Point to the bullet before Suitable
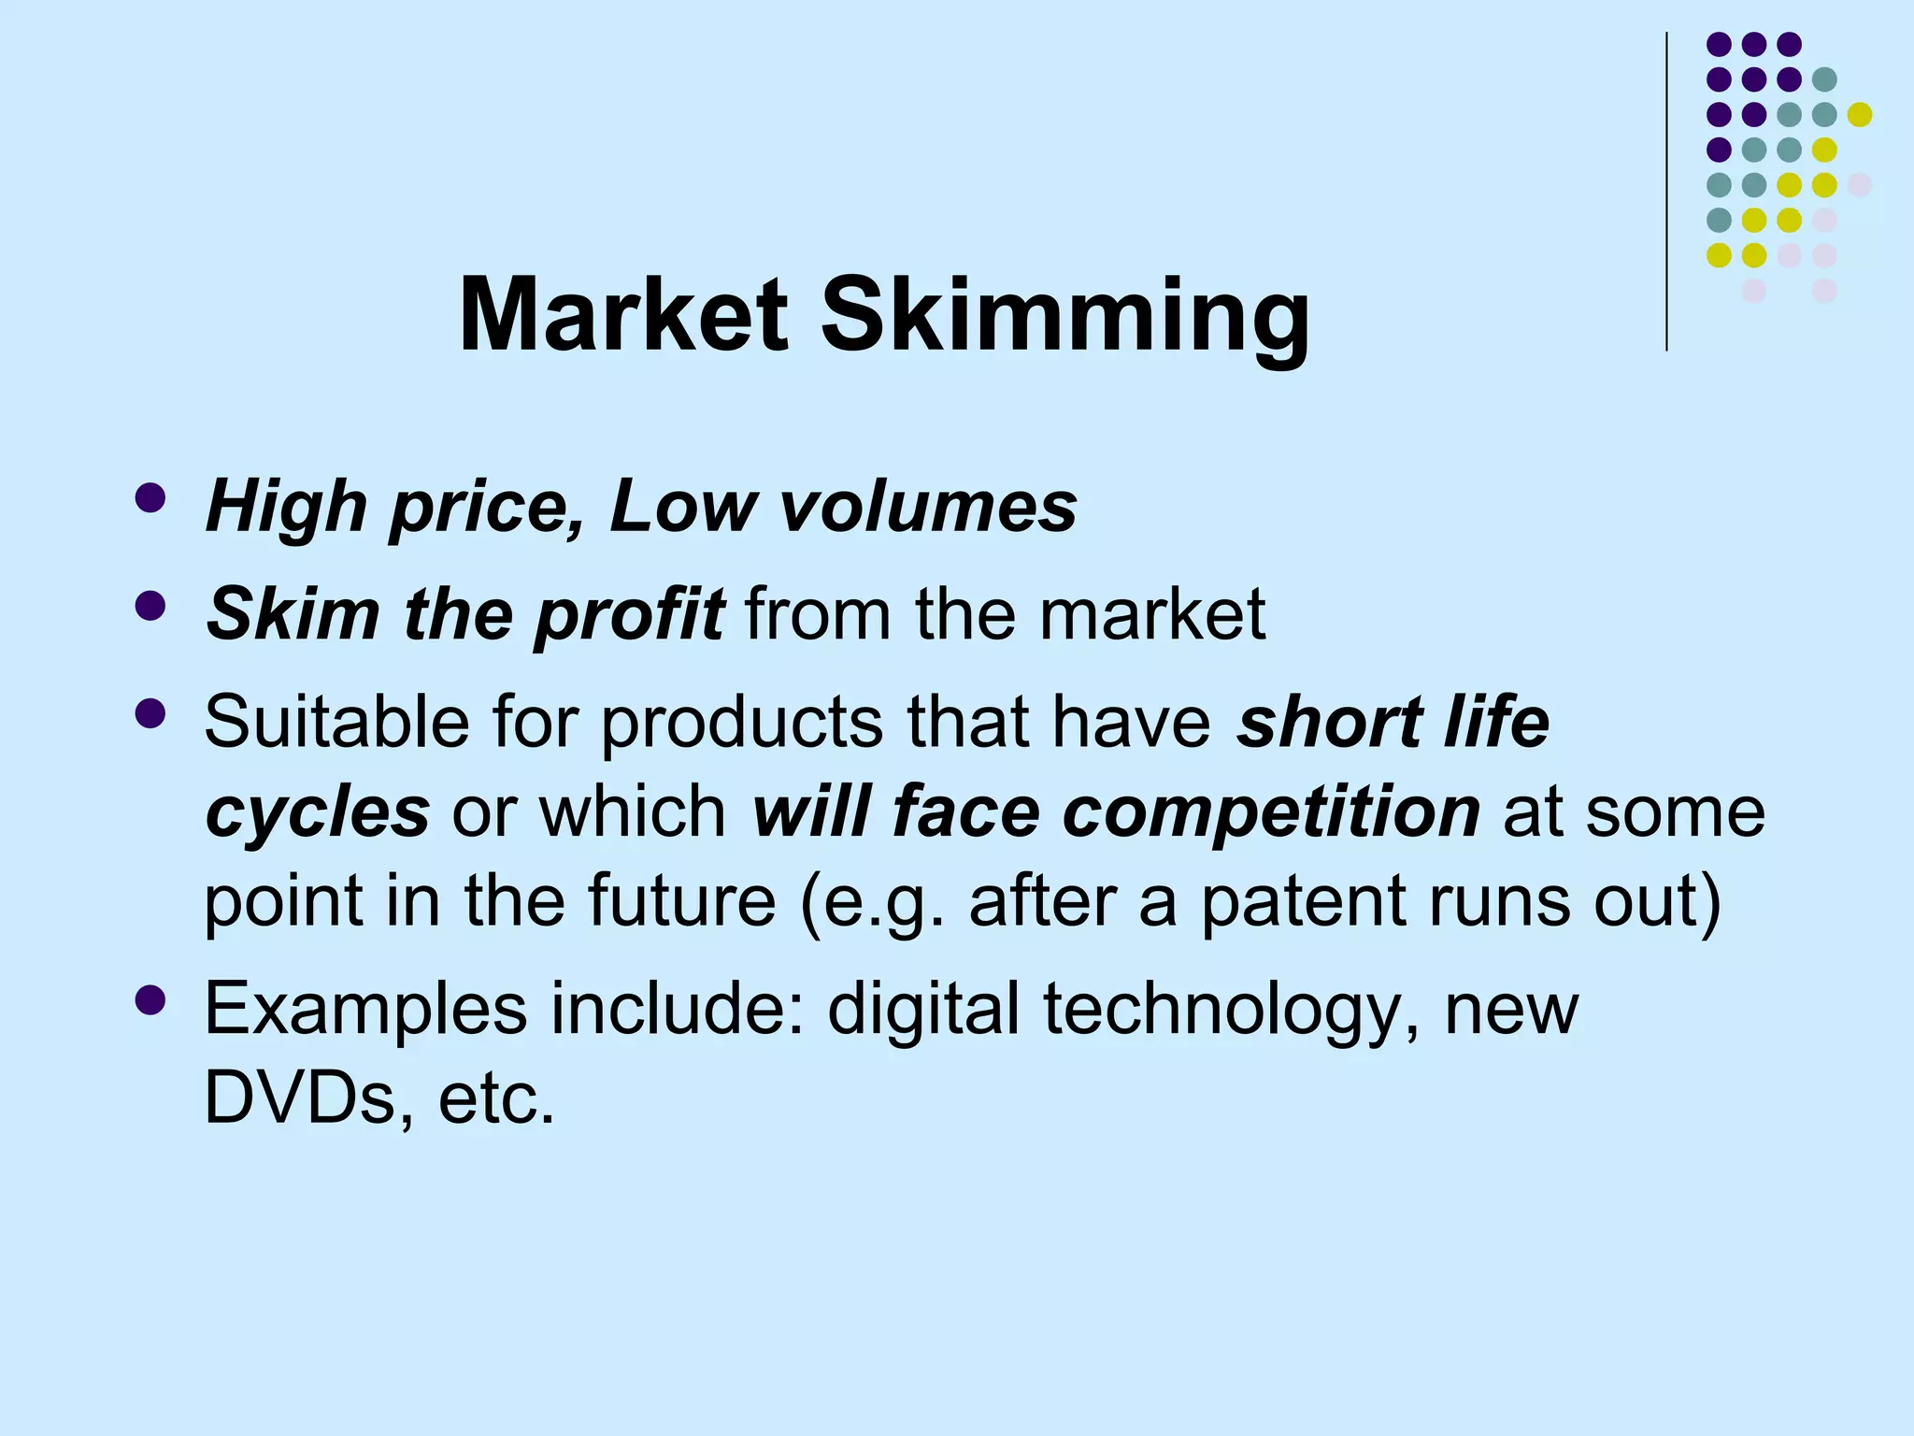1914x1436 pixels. (150, 714)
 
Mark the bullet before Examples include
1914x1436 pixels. (150, 1000)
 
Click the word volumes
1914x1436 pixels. (927, 507)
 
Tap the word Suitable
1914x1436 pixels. (336, 722)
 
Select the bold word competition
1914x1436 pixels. (1271, 811)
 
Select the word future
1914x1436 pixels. (681, 900)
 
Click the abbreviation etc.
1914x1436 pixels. (496, 1099)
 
